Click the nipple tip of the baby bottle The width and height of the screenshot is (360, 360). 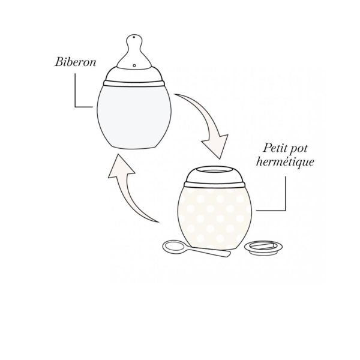click(x=134, y=41)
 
